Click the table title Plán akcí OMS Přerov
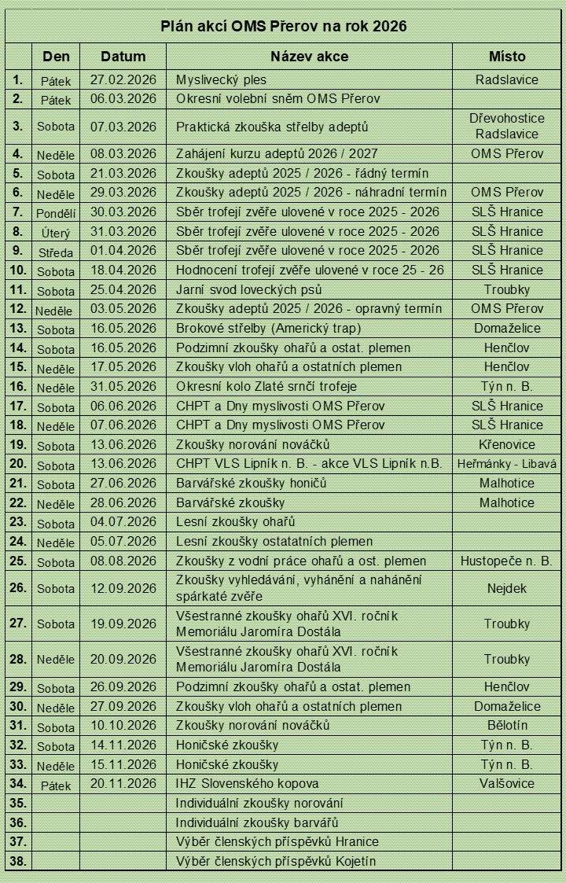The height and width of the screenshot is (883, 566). click(x=284, y=26)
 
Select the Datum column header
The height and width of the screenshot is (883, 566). click(x=123, y=57)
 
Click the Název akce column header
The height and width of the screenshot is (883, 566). click(x=309, y=57)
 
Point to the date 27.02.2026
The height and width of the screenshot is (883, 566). click(x=123, y=80)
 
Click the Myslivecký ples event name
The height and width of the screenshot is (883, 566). click(x=222, y=80)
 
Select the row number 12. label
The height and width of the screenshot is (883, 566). click(x=18, y=309)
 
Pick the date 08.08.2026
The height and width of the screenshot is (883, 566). click(x=123, y=561)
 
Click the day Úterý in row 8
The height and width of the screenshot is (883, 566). click(x=56, y=232)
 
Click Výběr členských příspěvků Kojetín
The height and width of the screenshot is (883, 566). click(x=275, y=861)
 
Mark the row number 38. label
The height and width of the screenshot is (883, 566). click(x=18, y=861)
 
